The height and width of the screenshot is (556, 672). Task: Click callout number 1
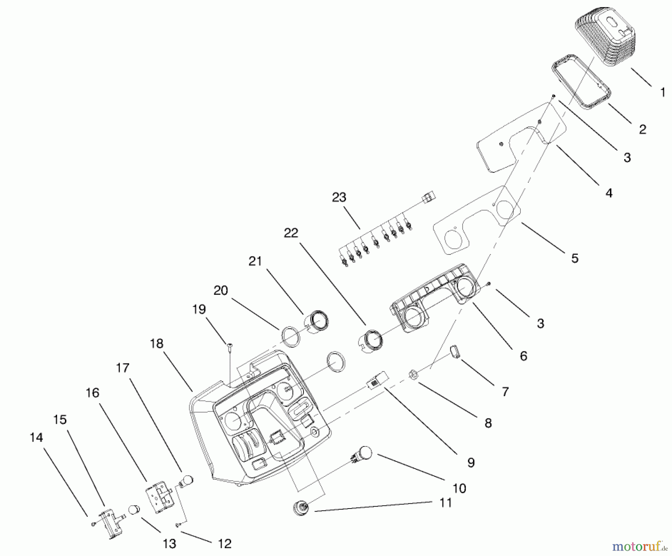(x=663, y=92)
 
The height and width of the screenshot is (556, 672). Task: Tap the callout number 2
(x=642, y=129)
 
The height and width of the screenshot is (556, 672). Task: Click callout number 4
(x=609, y=193)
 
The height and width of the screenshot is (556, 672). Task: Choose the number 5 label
(x=575, y=258)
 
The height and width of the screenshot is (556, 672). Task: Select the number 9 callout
(x=471, y=463)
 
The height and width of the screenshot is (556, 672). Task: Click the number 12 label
(x=225, y=544)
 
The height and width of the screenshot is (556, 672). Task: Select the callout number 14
(x=36, y=437)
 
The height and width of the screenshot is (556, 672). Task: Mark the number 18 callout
(x=157, y=343)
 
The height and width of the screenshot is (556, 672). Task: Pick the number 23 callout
(x=339, y=197)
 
